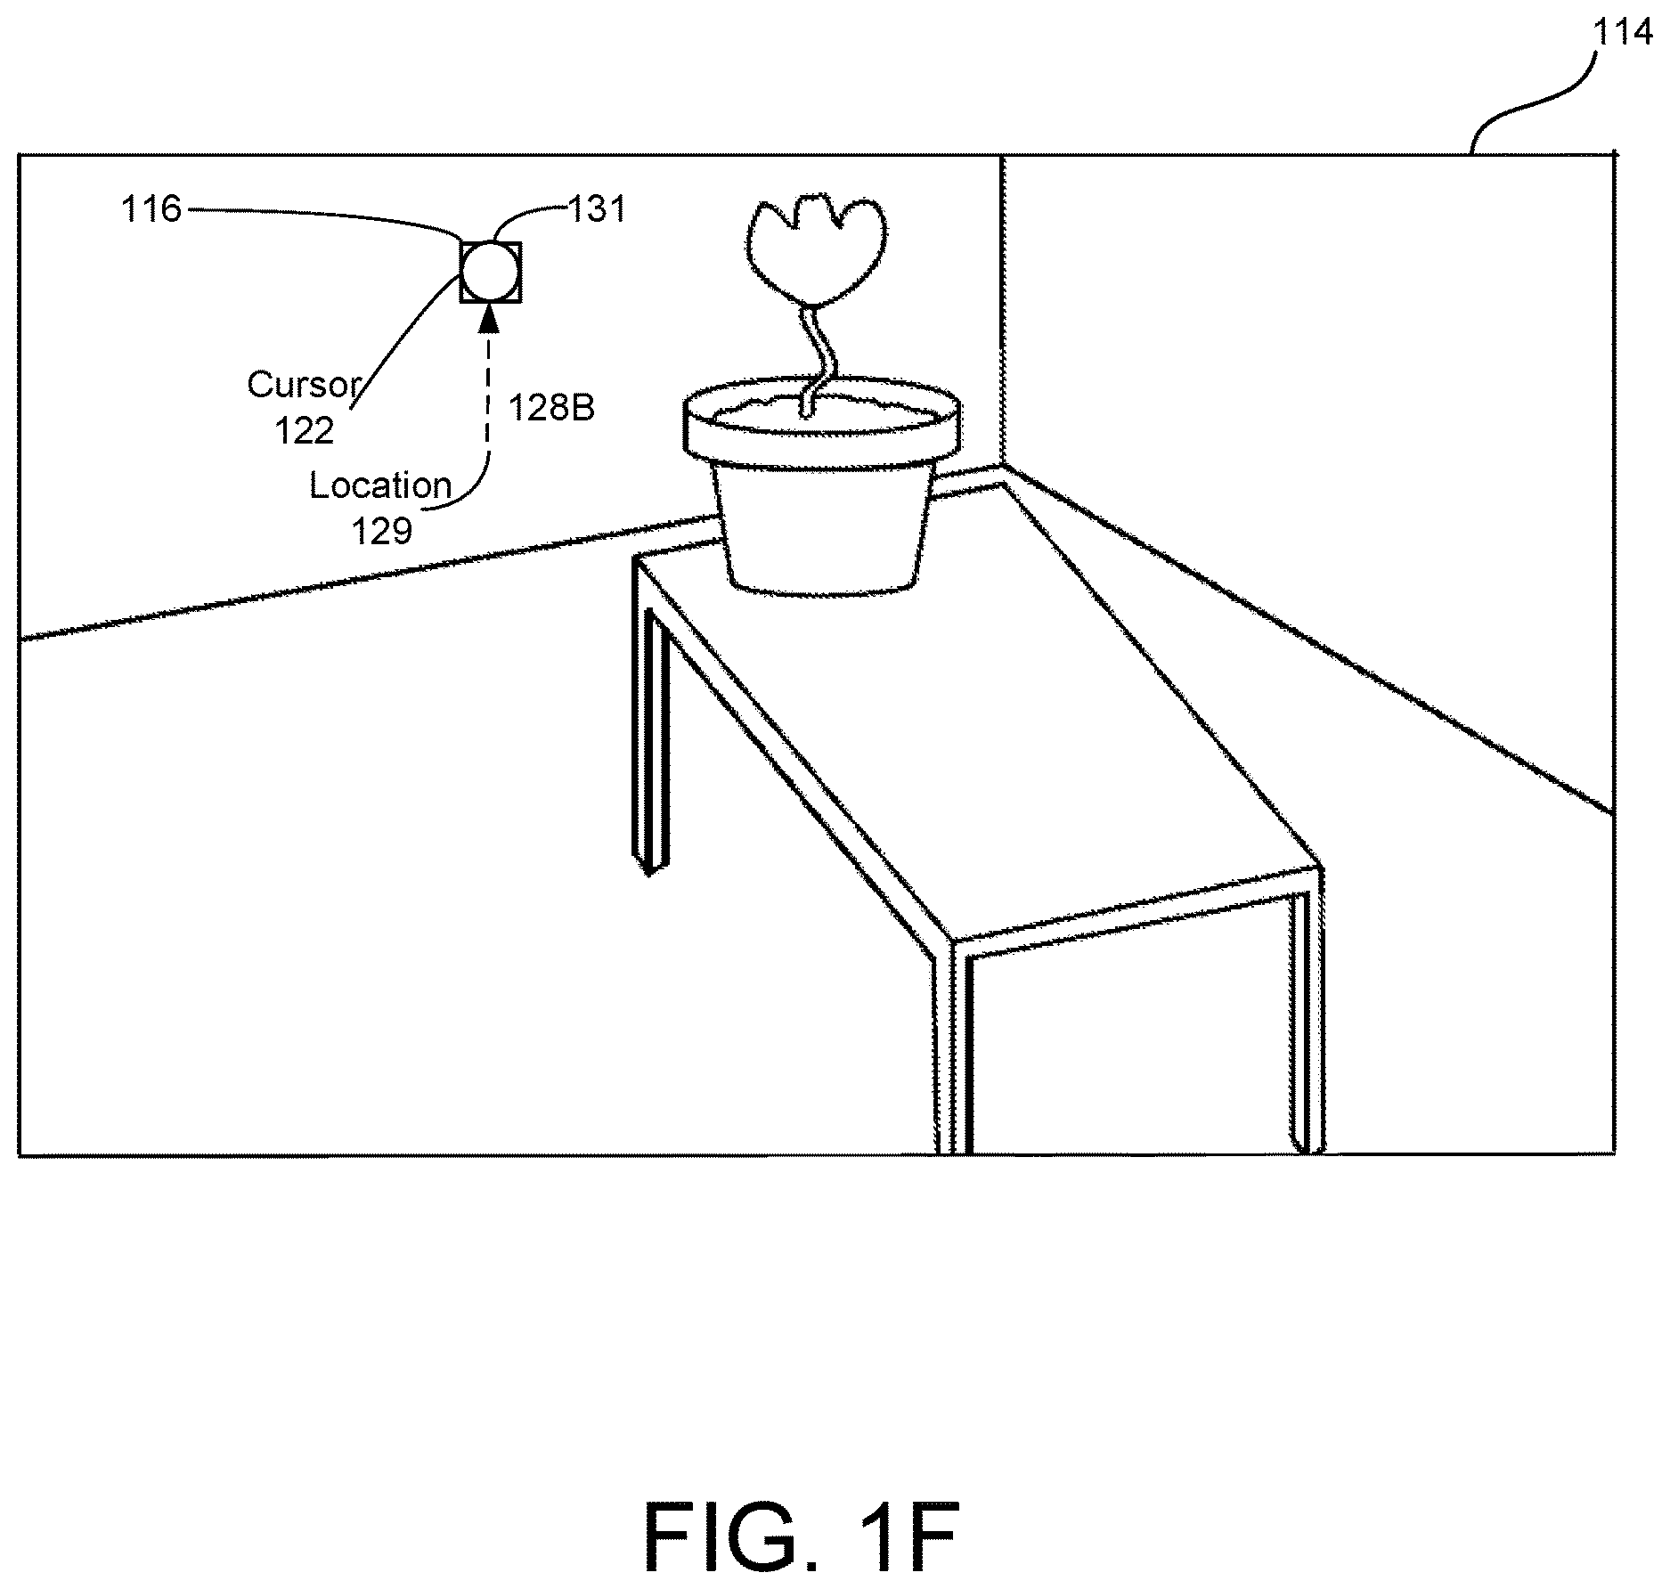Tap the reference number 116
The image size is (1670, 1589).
point(151,209)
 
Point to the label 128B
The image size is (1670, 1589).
point(551,407)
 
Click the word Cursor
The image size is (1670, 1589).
point(304,385)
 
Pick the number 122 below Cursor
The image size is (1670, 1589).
point(305,431)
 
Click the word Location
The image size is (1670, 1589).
point(380,485)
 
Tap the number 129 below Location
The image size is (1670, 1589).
point(382,532)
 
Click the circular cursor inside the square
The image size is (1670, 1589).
point(490,272)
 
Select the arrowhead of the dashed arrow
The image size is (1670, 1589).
point(488,316)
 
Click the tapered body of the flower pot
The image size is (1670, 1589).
point(824,526)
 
